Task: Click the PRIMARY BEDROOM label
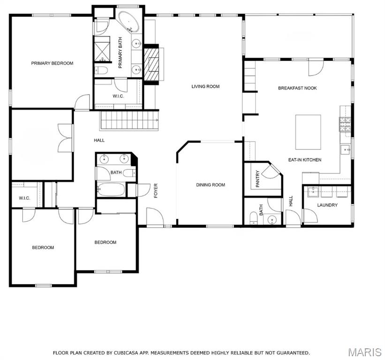tap(52, 63)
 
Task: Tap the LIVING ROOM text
tap(205, 86)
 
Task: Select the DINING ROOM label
tap(211, 185)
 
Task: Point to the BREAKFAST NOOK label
tap(297, 88)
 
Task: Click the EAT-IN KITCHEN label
tap(305, 160)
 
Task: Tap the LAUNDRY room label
tap(327, 205)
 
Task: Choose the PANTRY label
tap(257, 179)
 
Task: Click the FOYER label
tap(156, 191)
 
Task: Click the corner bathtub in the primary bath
tap(128, 22)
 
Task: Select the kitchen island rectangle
tap(308, 132)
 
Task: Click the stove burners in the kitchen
tap(345, 124)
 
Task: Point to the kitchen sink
tap(345, 149)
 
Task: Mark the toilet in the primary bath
tap(101, 71)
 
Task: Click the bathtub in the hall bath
tap(111, 189)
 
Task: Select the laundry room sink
tap(313, 191)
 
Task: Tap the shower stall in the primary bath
tap(102, 49)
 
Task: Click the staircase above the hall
tap(129, 120)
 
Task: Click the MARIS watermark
tap(365, 352)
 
